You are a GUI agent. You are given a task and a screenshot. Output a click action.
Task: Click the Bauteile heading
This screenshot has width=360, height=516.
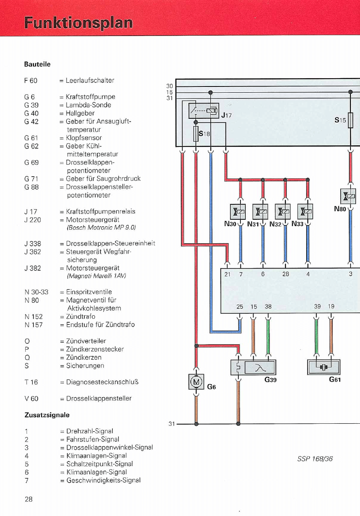pos(37,65)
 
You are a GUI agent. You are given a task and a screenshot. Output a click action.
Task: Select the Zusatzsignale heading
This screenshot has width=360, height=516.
pos(46,415)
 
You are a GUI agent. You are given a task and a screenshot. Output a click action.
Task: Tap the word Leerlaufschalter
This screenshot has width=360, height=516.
pos(90,80)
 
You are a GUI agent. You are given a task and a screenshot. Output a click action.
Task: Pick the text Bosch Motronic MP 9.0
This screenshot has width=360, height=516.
pos(101,228)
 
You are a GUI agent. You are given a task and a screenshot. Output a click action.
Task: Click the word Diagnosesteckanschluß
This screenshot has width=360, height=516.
pos(102,382)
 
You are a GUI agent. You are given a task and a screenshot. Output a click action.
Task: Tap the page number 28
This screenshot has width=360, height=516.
pos(29,499)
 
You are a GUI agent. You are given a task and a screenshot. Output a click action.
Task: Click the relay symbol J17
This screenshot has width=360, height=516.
pos(204,111)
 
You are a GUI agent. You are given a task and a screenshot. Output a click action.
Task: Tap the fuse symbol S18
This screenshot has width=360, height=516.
pos(196,134)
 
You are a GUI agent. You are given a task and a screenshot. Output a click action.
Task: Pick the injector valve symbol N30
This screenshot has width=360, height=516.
pos(240,211)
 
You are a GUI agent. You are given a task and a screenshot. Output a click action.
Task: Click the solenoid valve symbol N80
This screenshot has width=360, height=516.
pos(350,194)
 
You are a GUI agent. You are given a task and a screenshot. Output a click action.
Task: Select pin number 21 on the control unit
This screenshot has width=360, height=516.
pos(227,274)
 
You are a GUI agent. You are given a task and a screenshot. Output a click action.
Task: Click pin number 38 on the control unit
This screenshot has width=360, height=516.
pos(268,307)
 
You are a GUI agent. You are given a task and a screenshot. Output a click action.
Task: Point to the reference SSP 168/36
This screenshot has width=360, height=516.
pos(315,458)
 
